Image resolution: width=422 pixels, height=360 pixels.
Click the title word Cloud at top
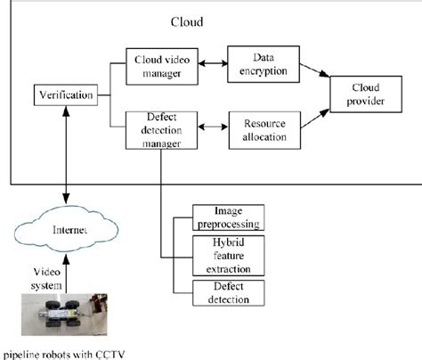pos(188,20)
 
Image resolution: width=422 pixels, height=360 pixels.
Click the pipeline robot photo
pos(65,315)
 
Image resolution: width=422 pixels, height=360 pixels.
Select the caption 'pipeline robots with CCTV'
pos(65,354)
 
